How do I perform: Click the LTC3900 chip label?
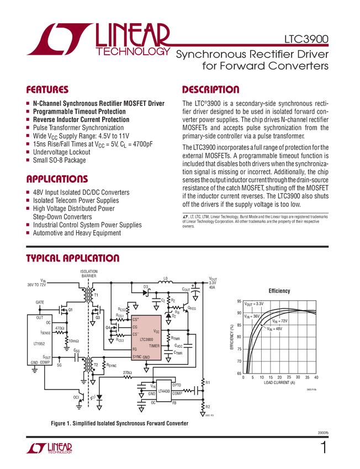(147, 339)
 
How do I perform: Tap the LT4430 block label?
(164, 391)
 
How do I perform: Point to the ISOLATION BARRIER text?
(88, 274)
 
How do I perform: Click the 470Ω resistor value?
(59, 328)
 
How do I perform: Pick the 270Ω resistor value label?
(127, 373)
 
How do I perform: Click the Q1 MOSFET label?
(71, 310)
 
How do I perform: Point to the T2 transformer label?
(96, 365)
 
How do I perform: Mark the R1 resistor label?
(208, 382)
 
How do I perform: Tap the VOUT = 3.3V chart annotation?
(255, 304)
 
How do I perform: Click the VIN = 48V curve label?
(274, 329)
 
